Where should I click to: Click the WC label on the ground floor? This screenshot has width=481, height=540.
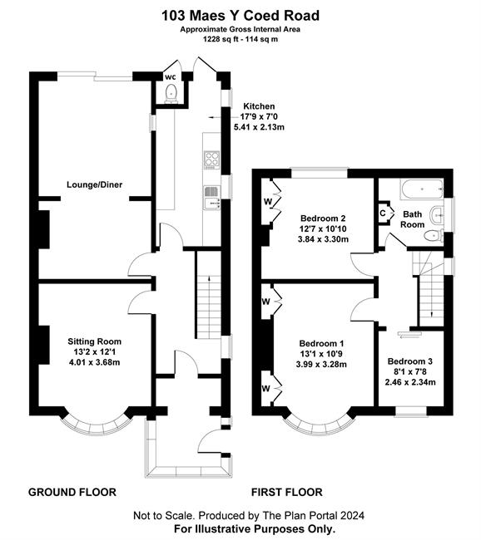(170, 77)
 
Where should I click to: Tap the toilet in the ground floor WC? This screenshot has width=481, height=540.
(171, 94)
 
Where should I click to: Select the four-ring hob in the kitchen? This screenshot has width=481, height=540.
(212, 160)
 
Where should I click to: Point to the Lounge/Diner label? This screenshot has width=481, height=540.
(95, 184)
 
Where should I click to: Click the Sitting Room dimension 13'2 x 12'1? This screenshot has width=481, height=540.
(95, 352)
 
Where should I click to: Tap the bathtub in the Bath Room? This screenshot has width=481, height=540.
(422, 189)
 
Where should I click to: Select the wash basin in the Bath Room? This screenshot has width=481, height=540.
(437, 216)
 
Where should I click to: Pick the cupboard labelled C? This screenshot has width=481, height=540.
(384, 214)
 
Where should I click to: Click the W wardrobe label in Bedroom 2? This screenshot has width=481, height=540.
(268, 202)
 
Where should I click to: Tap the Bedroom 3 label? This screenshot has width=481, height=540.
(410, 361)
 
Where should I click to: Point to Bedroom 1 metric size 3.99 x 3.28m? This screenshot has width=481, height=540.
(321, 364)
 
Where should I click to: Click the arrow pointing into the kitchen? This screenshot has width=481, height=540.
(215, 118)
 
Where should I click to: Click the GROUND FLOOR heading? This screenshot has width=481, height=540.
(72, 492)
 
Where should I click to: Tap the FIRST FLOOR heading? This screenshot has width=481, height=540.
(287, 492)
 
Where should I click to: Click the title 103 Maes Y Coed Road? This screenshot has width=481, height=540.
(240, 16)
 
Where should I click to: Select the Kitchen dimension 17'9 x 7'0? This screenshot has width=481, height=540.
(259, 116)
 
